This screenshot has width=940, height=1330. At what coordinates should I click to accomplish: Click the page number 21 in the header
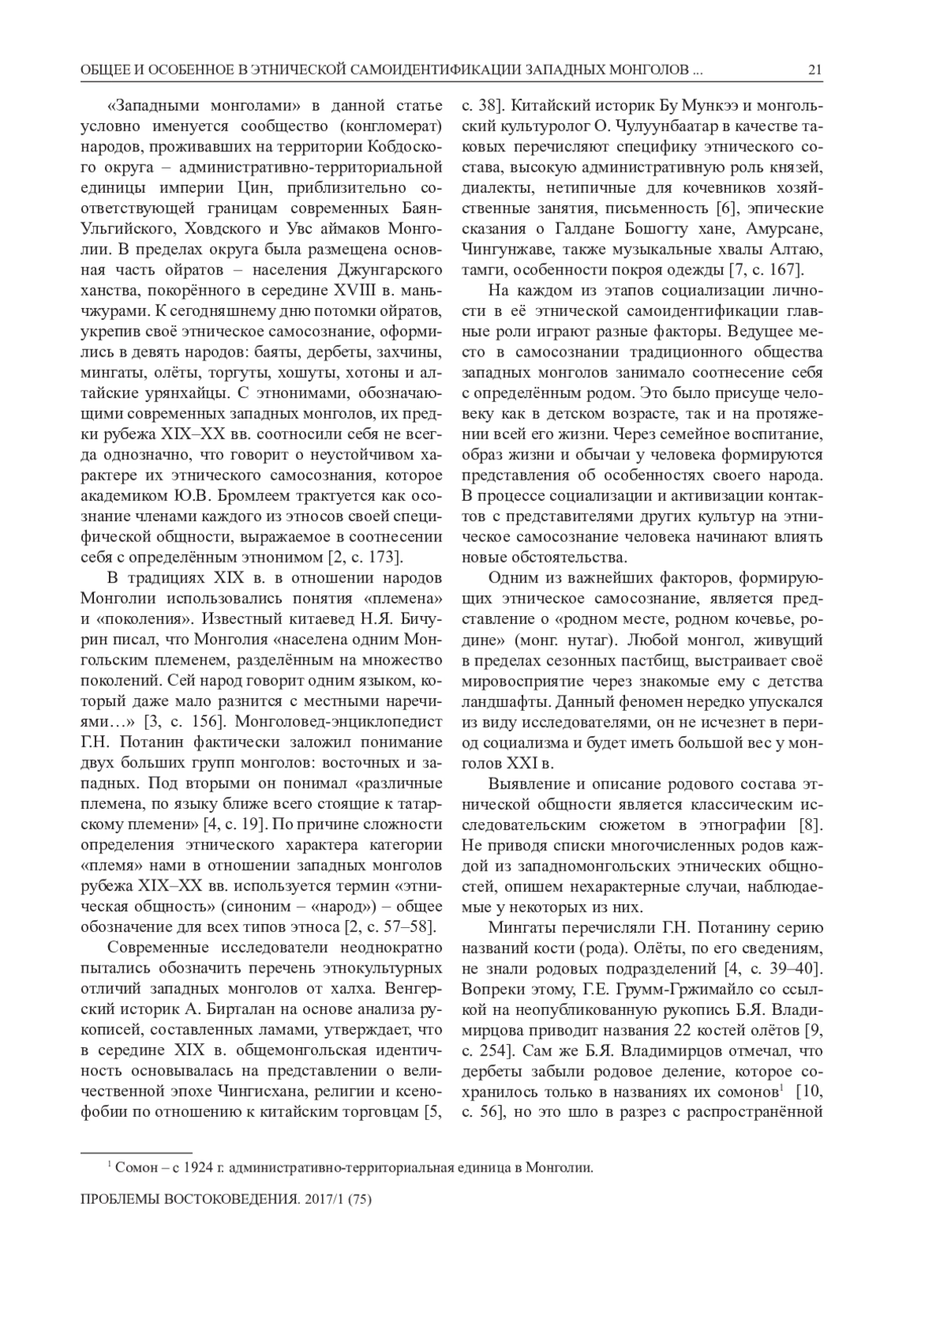pos(815,71)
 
